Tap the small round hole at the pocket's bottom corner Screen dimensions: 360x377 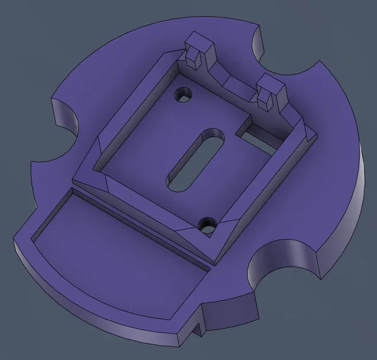(x=207, y=225)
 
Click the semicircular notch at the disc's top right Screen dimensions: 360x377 (x=288, y=55)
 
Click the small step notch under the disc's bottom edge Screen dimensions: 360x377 (x=199, y=330)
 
